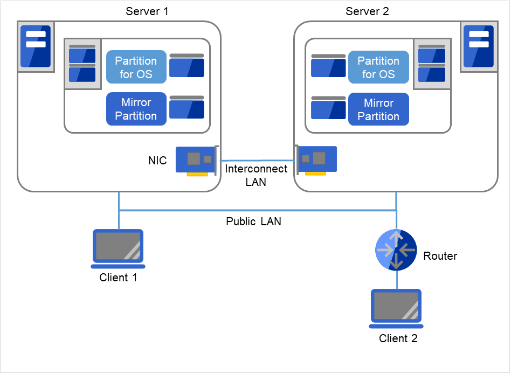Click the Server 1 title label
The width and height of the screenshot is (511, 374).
coord(147,11)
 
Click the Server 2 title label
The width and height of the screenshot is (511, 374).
coord(367,11)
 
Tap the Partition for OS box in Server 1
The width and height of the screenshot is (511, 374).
coord(136,67)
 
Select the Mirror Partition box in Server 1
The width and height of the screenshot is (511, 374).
coord(136,109)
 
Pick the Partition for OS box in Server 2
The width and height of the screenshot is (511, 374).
coord(378,67)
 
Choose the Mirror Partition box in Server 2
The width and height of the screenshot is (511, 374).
coord(378,109)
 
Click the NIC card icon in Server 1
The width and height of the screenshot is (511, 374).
coord(196,160)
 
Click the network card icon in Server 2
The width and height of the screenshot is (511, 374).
coord(317,160)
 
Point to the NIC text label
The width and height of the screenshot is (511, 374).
coord(157,161)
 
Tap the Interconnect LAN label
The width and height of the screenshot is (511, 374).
coord(256,175)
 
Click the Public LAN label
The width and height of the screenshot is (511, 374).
coord(253,221)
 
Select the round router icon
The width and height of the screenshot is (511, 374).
coord(396,250)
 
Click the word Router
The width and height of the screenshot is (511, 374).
coord(440,256)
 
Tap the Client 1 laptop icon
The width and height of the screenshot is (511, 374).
coord(118,248)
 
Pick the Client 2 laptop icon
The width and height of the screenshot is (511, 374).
coord(396,308)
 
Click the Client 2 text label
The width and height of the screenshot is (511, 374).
coord(398,338)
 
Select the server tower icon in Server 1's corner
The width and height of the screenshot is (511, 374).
coord(36,46)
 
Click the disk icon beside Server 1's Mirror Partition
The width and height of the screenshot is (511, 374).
coord(187,107)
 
